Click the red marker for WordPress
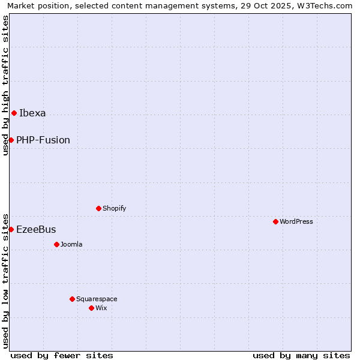275,221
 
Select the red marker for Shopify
98,208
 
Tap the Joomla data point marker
56,244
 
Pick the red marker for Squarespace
72,299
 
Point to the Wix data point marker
91,308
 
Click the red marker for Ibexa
14,113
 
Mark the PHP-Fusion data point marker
11,140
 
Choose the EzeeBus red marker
11,229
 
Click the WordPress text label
296,221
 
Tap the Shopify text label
114,208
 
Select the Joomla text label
71,244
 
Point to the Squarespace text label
97,299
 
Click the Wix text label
101,308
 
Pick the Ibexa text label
32,113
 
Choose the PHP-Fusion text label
43,140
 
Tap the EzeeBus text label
36,229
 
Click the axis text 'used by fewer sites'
62,355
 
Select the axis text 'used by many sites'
301,355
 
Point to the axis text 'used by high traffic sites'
5,85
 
